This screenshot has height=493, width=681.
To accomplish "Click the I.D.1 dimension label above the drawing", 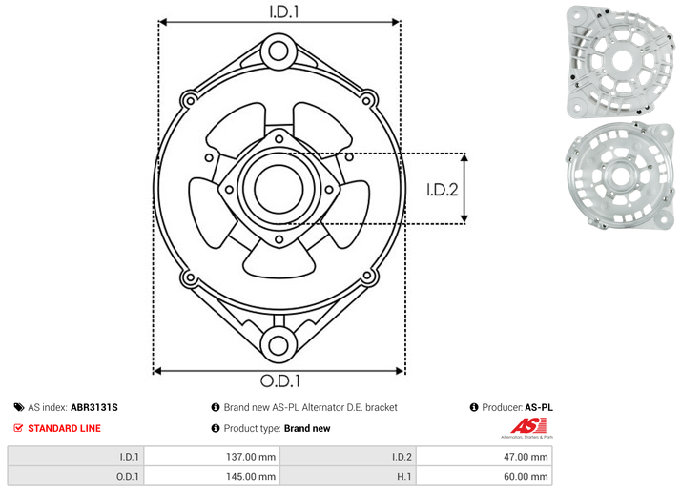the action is click(x=284, y=11).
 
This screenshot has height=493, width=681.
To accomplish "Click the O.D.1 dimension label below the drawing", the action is click(x=280, y=380).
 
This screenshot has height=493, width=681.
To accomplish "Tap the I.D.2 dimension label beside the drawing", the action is click(x=443, y=190).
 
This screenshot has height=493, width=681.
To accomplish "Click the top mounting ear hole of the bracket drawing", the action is click(x=278, y=51).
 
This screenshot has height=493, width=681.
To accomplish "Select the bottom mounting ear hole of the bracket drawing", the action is click(x=279, y=345).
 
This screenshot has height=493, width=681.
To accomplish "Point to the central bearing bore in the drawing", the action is click(x=279, y=189).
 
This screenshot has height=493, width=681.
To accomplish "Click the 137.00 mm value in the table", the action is click(x=251, y=457).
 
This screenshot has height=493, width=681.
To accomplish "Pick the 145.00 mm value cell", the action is click(x=251, y=477).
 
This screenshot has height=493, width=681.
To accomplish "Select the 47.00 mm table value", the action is click(x=526, y=457).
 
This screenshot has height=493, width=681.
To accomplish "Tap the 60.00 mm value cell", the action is click(x=526, y=477).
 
